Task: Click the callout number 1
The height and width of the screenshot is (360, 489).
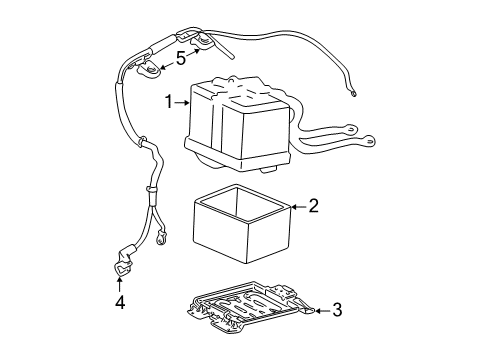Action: pyautogui.click(x=171, y=100)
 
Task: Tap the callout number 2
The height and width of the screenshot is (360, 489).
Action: pyautogui.click(x=313, y=208)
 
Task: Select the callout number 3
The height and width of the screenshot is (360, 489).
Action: pyautogui.click(x=337, y=311)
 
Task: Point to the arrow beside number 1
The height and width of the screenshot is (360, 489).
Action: pyautogui.click(x=185, y=100)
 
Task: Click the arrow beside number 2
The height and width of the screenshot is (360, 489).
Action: pyautogui.click(x=298, y=208)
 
